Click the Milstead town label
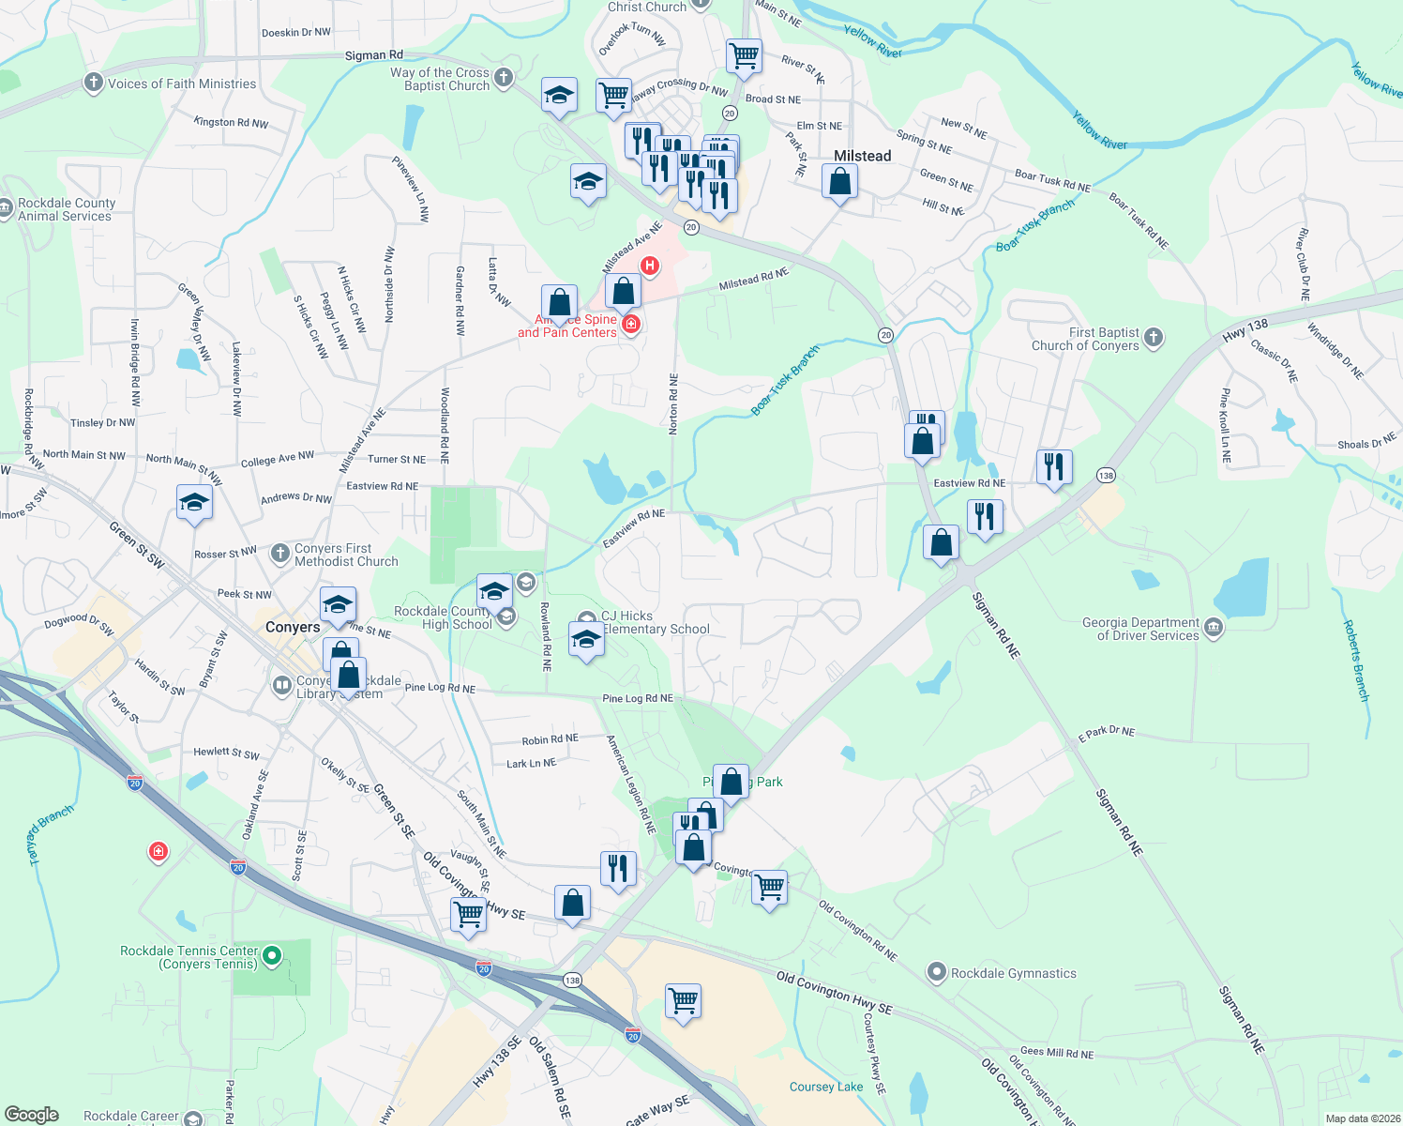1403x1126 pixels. coord(862,156)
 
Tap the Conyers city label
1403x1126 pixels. coord(293,627)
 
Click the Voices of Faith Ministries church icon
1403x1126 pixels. coord(93,83)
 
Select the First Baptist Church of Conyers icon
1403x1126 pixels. coord(1154,337)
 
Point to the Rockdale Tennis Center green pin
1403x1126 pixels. coord(272,956)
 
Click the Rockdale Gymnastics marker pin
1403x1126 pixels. coord(936,972)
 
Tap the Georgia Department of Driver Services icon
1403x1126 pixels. coord(1214,628)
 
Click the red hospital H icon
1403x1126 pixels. coord(649,266)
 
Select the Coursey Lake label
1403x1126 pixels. coord(825,1087)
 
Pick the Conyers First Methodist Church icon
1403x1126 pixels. coord(280,554)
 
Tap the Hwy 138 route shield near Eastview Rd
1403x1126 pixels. coord(1106,476)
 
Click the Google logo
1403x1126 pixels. coord(32,1114)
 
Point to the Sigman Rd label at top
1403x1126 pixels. coord(373,55)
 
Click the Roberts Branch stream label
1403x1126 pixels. coord(1356,661)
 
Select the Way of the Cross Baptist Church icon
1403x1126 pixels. coord(504,78)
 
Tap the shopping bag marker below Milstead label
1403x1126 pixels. coord(839,181)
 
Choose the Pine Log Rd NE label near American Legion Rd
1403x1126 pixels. coord(637,698)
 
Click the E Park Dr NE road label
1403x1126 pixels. coord(1106,732)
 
